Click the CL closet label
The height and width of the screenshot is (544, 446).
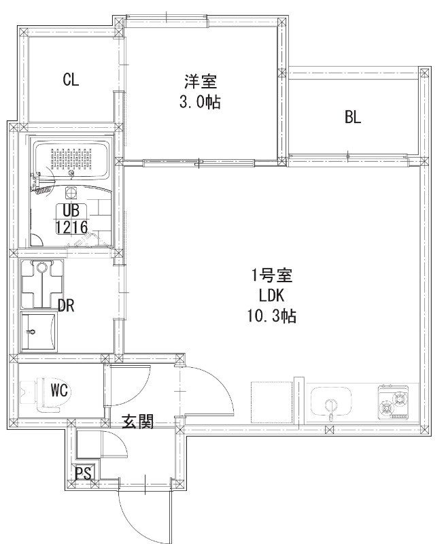(x=71, y=80)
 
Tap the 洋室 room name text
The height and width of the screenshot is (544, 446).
(x=200, y=82)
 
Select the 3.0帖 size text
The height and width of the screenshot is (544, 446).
(x=200, y=102)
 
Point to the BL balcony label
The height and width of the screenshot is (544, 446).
(x=353, y=117)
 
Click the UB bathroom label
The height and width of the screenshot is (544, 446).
(x=71, y=211)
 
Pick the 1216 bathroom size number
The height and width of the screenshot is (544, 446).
(x=71, y=227)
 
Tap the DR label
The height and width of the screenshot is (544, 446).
(x=66, y=305)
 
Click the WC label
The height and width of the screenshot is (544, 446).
(x=59, y=391)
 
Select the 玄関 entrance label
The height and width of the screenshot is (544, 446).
(x=138, y=422)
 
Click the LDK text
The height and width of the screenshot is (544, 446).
(x=271, y=296)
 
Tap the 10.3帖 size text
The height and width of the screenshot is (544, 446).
(x=271, y=316)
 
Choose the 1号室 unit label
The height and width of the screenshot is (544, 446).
(x=271, y=276)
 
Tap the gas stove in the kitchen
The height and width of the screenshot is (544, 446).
(x=393, y=402)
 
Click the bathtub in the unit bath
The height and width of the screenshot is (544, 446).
(x=72, y=160)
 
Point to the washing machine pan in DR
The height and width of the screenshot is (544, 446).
(x=42, y=284)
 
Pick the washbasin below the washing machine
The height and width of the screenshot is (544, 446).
(x=39, y=331)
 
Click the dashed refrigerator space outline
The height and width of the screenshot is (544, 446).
(x=272, y=403)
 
